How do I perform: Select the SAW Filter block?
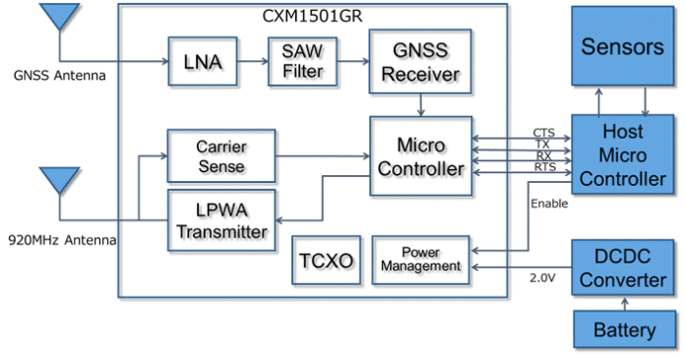point(300,61)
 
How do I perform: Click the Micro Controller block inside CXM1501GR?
point(421,157)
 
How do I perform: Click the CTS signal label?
point(543,133)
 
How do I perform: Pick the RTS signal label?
point(543,168)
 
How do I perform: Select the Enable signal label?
point(548,203)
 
